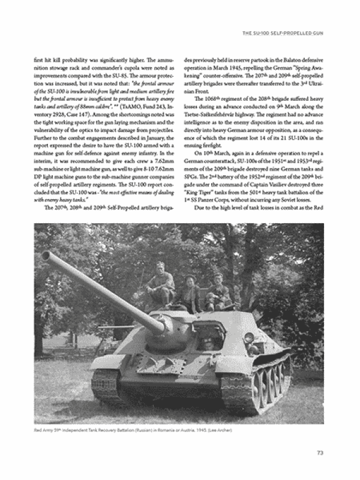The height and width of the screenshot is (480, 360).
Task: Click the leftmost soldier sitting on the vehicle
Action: click(x=160, y=284)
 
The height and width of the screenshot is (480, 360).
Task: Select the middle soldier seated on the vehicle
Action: click(x=191, y=294)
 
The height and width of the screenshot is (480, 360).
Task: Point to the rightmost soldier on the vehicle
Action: click(x=218, y=292)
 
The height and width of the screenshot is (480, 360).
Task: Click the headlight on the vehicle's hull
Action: click(x=248, y=338)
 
